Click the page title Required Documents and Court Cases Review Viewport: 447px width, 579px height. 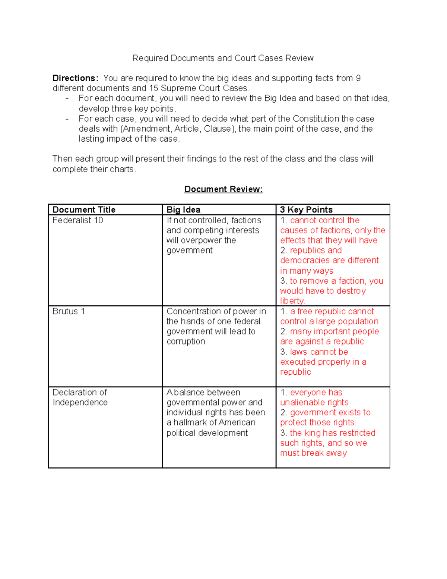223,58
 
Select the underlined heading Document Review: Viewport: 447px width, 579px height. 223,189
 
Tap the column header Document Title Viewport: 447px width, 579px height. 84,210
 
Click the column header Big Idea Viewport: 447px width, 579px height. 183,210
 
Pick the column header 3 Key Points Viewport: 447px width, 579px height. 306,210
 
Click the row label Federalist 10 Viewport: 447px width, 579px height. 77,220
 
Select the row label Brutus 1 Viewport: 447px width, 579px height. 69,311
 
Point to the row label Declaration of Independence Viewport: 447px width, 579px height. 80,397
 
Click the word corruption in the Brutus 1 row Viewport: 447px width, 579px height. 186,342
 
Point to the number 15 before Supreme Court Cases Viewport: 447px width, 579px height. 153,88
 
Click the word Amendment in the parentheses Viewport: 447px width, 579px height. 147,129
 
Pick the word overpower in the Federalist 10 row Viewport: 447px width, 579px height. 203,240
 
